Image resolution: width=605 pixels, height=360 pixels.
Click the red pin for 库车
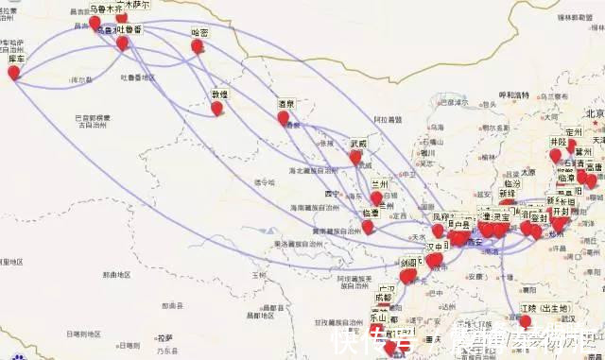[14, 71]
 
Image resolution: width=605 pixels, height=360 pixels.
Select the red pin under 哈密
[198, 45]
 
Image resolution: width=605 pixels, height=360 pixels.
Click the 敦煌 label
[219, 94]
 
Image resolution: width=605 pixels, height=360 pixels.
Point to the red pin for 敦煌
[216, 108]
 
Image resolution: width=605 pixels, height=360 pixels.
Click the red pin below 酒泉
[283, 117]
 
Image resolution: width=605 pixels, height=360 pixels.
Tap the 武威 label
[357, 144]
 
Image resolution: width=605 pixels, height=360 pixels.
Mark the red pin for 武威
[355, 157]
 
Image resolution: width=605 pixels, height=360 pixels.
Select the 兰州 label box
[380, 184]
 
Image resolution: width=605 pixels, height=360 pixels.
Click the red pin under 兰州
[376, 197]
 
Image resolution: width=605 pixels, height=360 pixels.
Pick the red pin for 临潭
[368, 226]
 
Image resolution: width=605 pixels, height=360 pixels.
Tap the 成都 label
[382, 296]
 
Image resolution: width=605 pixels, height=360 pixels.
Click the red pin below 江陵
[526, 321]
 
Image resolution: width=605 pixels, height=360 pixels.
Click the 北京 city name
[595, 113]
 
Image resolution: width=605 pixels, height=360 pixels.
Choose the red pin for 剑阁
[407, 276]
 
